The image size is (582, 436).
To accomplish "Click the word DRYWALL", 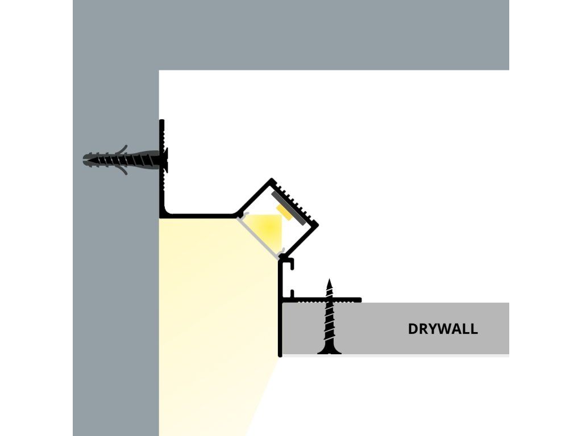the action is coord(443,329).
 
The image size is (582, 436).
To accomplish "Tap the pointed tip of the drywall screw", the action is coord(329,280).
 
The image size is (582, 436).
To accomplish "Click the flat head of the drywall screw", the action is coord(329,351).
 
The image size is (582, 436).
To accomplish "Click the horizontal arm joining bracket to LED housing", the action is coord(199,216).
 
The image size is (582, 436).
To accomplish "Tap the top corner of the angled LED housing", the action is coord(272,181).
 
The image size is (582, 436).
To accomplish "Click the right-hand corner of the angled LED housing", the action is coord(317,224).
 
